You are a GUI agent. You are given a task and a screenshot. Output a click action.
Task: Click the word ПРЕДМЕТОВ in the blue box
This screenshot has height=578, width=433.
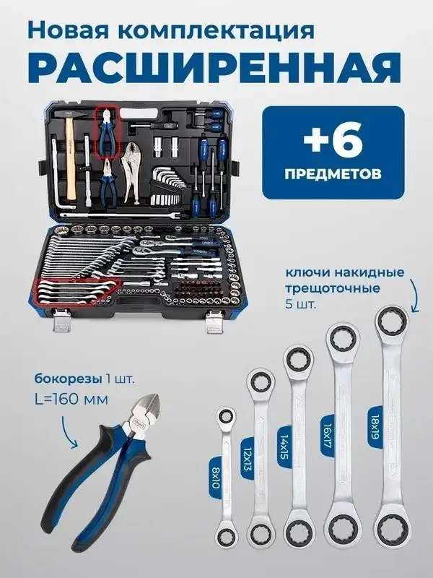pyautogui.click(x=333, y=173)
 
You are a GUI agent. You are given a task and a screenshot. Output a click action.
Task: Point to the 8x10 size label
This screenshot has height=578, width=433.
pyautogui.click(x=215, y=478)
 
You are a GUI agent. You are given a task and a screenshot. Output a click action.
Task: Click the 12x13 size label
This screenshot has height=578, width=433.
pyautogui.click(x=247, y=458)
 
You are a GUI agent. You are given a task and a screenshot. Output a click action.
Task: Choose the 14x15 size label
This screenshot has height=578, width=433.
pyautogui.click(x=284, y=447)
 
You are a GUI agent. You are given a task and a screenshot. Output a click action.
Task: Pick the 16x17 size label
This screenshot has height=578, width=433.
pyautogui.click(x=327, y=435)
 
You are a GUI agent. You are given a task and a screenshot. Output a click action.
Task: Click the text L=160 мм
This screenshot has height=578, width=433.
pyautogui.click(x=71, y=399)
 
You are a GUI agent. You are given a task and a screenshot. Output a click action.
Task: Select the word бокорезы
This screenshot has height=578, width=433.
pyautogui.click(x=68, y=379)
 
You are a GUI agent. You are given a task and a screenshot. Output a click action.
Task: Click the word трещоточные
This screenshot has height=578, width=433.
pyautogui.click(x=333, y=288)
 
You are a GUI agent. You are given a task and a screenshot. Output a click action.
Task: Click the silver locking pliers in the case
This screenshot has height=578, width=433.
pyautogui.click(x=132, y=171)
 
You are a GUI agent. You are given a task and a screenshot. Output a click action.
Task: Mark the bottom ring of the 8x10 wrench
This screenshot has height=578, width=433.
pyautogui.click(x=225, y=535)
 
